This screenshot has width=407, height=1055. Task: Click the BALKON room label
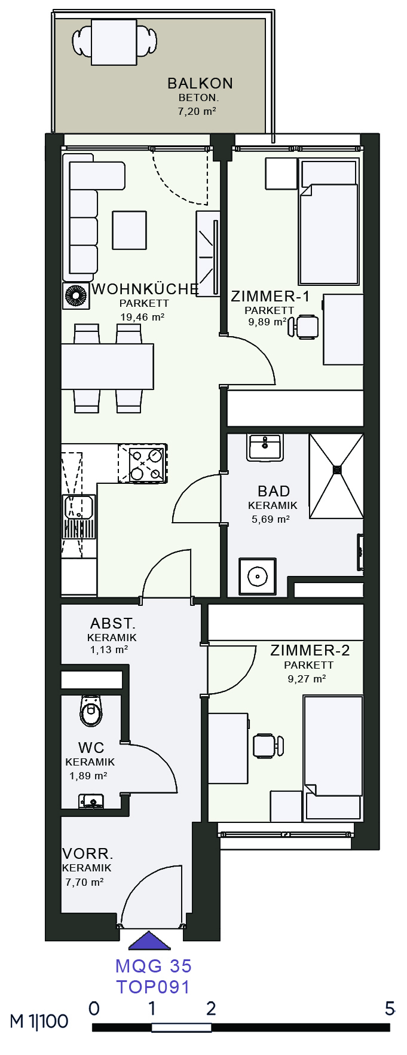click(200, 83)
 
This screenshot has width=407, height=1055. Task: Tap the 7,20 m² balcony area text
click(197, 111)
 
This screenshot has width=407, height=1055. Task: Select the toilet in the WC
click(91, 710)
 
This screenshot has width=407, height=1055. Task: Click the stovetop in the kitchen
click(142, 463)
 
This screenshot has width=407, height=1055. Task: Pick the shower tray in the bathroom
click(336, 475)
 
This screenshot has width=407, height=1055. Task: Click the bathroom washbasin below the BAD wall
click(265, 447)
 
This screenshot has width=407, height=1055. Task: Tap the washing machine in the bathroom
click(258, 577)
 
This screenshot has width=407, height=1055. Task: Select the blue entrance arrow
click(149, 941)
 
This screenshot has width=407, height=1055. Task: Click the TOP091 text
click(153, 987)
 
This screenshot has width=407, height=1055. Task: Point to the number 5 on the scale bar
click(390, 1008)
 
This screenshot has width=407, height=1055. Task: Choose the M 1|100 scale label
click(39, 1021)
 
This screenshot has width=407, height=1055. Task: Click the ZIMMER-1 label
click(271, 296)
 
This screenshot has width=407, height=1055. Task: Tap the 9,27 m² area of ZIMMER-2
click(307, 679)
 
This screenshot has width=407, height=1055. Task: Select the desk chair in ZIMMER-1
click(304, 327)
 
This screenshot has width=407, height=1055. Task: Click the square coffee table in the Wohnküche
click(130, 230)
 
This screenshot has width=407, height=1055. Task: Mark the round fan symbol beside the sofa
click(76, 297)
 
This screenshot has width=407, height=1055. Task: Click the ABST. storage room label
click(113, 624)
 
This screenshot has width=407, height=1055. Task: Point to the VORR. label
click(88, 854)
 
